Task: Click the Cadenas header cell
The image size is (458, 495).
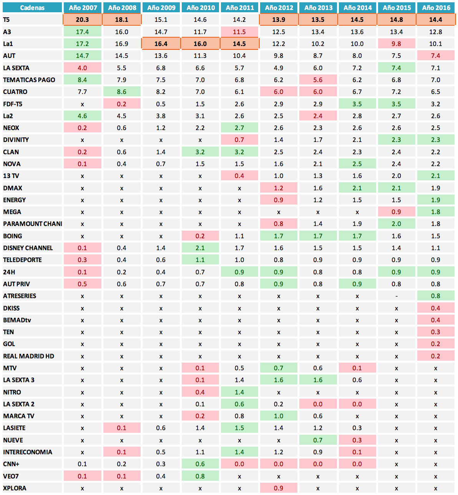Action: click(32, 8)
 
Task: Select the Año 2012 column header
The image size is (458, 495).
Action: click(279, 8)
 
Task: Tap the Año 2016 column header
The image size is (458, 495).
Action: click(436, 8)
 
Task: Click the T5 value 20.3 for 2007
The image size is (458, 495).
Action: click(82, 20)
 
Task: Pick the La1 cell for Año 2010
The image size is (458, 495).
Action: click(200, 44)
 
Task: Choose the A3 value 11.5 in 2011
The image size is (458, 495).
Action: click(239, 32)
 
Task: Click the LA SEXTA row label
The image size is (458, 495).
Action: click(16, 68)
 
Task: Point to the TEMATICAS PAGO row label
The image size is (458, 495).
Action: click(29, 80)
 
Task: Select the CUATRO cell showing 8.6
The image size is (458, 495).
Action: click(121, 92)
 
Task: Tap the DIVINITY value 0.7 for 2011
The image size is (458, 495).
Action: click(239, 140)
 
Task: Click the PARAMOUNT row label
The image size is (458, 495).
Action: click(33, 224)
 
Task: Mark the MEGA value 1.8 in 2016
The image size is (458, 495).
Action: click(435, 212)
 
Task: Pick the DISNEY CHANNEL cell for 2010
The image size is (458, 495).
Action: click(200, 248)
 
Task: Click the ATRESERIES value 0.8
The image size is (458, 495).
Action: click(435, 296)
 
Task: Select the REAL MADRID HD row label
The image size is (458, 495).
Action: click(29, 356)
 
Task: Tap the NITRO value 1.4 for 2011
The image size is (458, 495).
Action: click(239, 392)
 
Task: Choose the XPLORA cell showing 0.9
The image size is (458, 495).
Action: click(279, 488)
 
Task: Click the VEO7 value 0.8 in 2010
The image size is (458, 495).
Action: click(200, 476)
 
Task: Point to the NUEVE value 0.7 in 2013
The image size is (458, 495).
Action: click(318, 440)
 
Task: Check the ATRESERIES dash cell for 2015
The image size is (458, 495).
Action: click(396, 296)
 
